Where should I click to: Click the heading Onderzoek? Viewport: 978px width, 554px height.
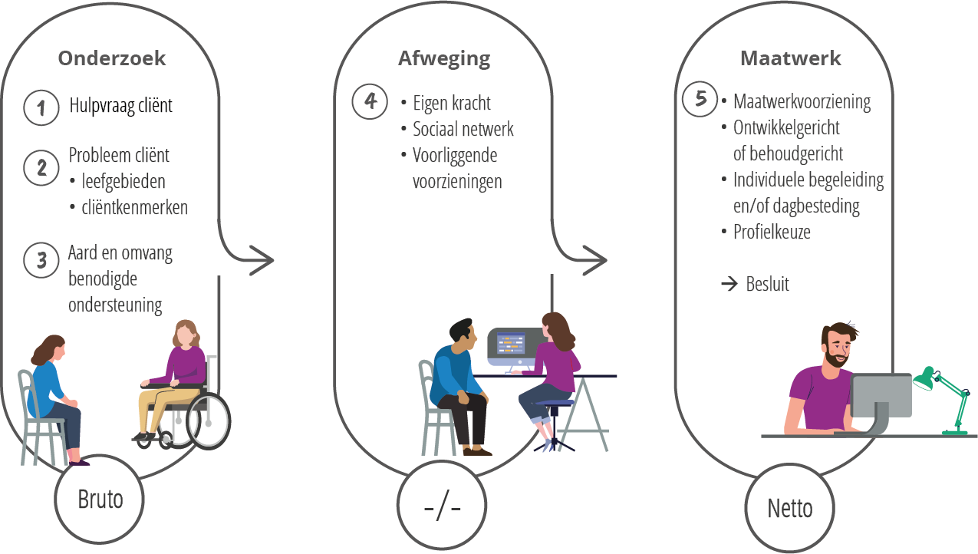pos(112,58)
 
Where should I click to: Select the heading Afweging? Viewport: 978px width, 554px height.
pos(444,58)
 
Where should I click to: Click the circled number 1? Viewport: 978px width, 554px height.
pos(41,107)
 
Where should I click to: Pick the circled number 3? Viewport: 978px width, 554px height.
pos(41,260)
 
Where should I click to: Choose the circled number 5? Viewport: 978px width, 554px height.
pos(700,100)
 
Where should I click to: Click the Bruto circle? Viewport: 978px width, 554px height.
pos(100,500)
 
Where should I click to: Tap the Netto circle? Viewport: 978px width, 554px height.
pos(789,508)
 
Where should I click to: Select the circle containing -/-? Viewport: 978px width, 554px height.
pos(442,508)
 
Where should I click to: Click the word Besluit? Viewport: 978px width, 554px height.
pos(767,284)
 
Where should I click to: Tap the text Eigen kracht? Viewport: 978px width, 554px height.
pos(451,103)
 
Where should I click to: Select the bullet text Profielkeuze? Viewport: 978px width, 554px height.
pos(772,231)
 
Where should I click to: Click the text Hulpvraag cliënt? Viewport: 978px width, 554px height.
pos(120,105)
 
